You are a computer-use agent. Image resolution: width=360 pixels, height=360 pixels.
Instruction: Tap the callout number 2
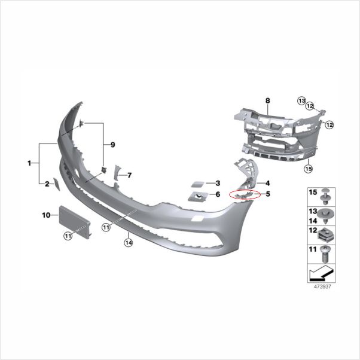[47, 184]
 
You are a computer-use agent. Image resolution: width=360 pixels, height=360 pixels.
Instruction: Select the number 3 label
[218, 183]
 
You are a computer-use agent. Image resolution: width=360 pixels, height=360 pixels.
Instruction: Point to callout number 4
[268, 183]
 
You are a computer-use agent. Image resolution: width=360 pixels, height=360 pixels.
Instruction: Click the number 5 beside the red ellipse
[268, 194]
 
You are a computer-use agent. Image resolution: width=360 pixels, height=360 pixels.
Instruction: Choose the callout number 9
[111, 145]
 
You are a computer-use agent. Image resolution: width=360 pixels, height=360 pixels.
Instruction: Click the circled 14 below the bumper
[127, 242]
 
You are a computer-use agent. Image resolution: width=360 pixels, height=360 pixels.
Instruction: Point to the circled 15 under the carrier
[308, 169]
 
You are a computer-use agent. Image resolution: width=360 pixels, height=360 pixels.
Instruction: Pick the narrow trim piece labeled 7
[118, 173]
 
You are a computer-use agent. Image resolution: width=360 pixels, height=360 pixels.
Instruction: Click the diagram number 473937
[322, 286]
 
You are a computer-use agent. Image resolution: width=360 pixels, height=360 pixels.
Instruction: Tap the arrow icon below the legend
[320, 273]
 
